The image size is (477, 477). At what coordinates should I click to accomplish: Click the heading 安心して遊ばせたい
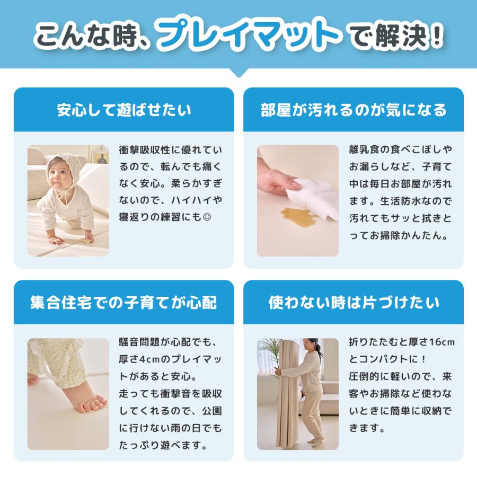coord(124,110)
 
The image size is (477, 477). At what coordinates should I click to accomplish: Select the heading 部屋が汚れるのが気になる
coord(354,110)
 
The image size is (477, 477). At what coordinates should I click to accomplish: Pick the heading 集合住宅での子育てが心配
coord(124,303)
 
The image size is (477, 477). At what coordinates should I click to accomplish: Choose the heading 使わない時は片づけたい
coord(354,303)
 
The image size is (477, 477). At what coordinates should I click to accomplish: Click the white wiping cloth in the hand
coord(318,196)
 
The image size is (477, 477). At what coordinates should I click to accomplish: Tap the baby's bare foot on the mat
coord(85,403)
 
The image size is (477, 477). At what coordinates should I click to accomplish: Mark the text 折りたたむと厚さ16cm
coord(402,342)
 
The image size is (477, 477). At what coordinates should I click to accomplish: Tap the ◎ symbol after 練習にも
coord(217,218)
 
